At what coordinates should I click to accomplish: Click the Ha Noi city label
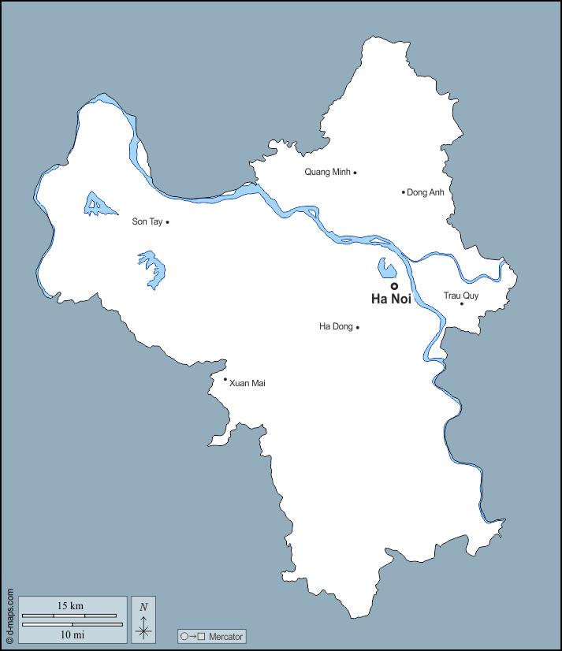coord(391,299)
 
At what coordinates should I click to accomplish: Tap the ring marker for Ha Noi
coord(394,286)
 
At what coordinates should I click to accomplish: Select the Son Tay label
coord(147,222)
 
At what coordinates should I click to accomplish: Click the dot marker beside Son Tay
coord(168,222)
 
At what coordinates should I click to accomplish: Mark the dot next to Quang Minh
coord(355,173)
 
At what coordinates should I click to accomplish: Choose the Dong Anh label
coord(426,192)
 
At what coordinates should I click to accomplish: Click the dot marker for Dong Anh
coord(404,192)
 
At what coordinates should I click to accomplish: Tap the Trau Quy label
coord(460,296)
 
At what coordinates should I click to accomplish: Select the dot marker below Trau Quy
coord(462,303)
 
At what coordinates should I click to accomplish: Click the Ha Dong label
coord(336,326)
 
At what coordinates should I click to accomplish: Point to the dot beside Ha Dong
coord(358,327)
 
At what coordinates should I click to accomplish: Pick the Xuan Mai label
coord(247,383)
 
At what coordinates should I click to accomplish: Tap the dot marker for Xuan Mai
coord(225,379)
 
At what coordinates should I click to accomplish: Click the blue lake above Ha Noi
coord(385,269)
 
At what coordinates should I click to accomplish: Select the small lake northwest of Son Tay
coord(99,205)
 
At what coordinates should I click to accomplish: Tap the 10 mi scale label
coord(72,634)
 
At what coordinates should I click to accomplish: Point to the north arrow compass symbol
coord(143,619)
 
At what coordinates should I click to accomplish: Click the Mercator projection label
coord(213,636)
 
